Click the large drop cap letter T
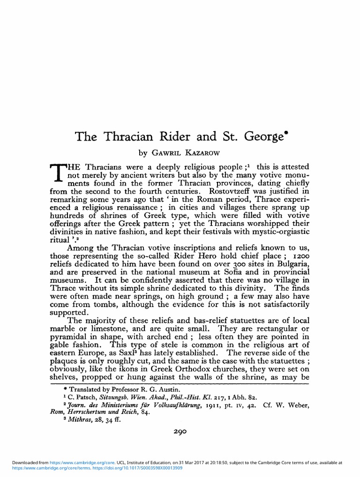[57, 174]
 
